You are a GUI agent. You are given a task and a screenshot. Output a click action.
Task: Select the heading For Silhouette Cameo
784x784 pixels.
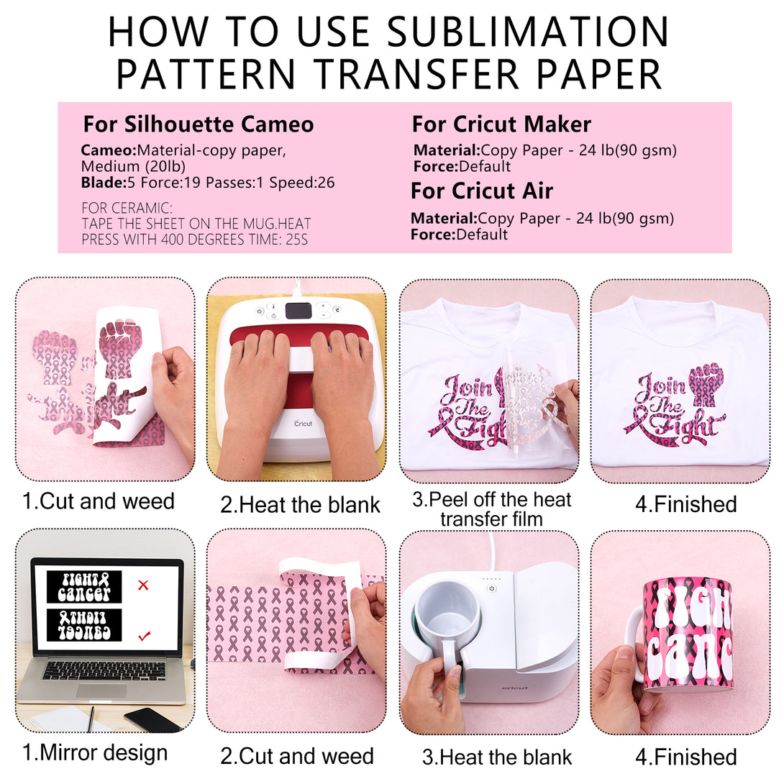click(199, 124)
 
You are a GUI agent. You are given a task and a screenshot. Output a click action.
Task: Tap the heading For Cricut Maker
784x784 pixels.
click(501, 124)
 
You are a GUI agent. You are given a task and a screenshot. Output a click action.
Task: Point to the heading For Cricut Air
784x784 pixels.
click(482, 191)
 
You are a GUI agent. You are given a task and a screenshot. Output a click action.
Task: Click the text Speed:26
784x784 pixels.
click(302, 183)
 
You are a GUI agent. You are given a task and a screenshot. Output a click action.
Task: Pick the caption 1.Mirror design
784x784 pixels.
click(95, 752)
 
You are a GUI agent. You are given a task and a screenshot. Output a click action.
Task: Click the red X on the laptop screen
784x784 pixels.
click(143, 585)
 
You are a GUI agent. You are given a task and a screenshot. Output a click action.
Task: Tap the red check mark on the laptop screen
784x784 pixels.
click(144, 637)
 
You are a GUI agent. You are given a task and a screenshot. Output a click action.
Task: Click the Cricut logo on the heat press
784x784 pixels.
click(303, 423)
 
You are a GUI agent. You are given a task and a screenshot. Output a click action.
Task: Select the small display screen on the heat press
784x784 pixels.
click(298, 311)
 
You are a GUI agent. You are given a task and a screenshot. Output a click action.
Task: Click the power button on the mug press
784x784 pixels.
click(492, 588)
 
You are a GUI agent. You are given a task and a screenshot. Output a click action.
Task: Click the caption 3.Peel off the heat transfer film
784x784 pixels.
click(491, 509)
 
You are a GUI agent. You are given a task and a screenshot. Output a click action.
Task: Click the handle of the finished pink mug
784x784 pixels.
click(634, 644)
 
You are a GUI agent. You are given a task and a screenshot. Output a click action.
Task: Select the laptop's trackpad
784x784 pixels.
click(101, 691)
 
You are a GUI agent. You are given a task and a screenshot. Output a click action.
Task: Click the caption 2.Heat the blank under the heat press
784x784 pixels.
click(300, 505)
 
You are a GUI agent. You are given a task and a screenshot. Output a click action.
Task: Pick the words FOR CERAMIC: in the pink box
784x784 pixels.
click(127, 207)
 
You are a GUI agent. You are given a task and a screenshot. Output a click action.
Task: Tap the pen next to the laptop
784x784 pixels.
click(92, 719)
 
